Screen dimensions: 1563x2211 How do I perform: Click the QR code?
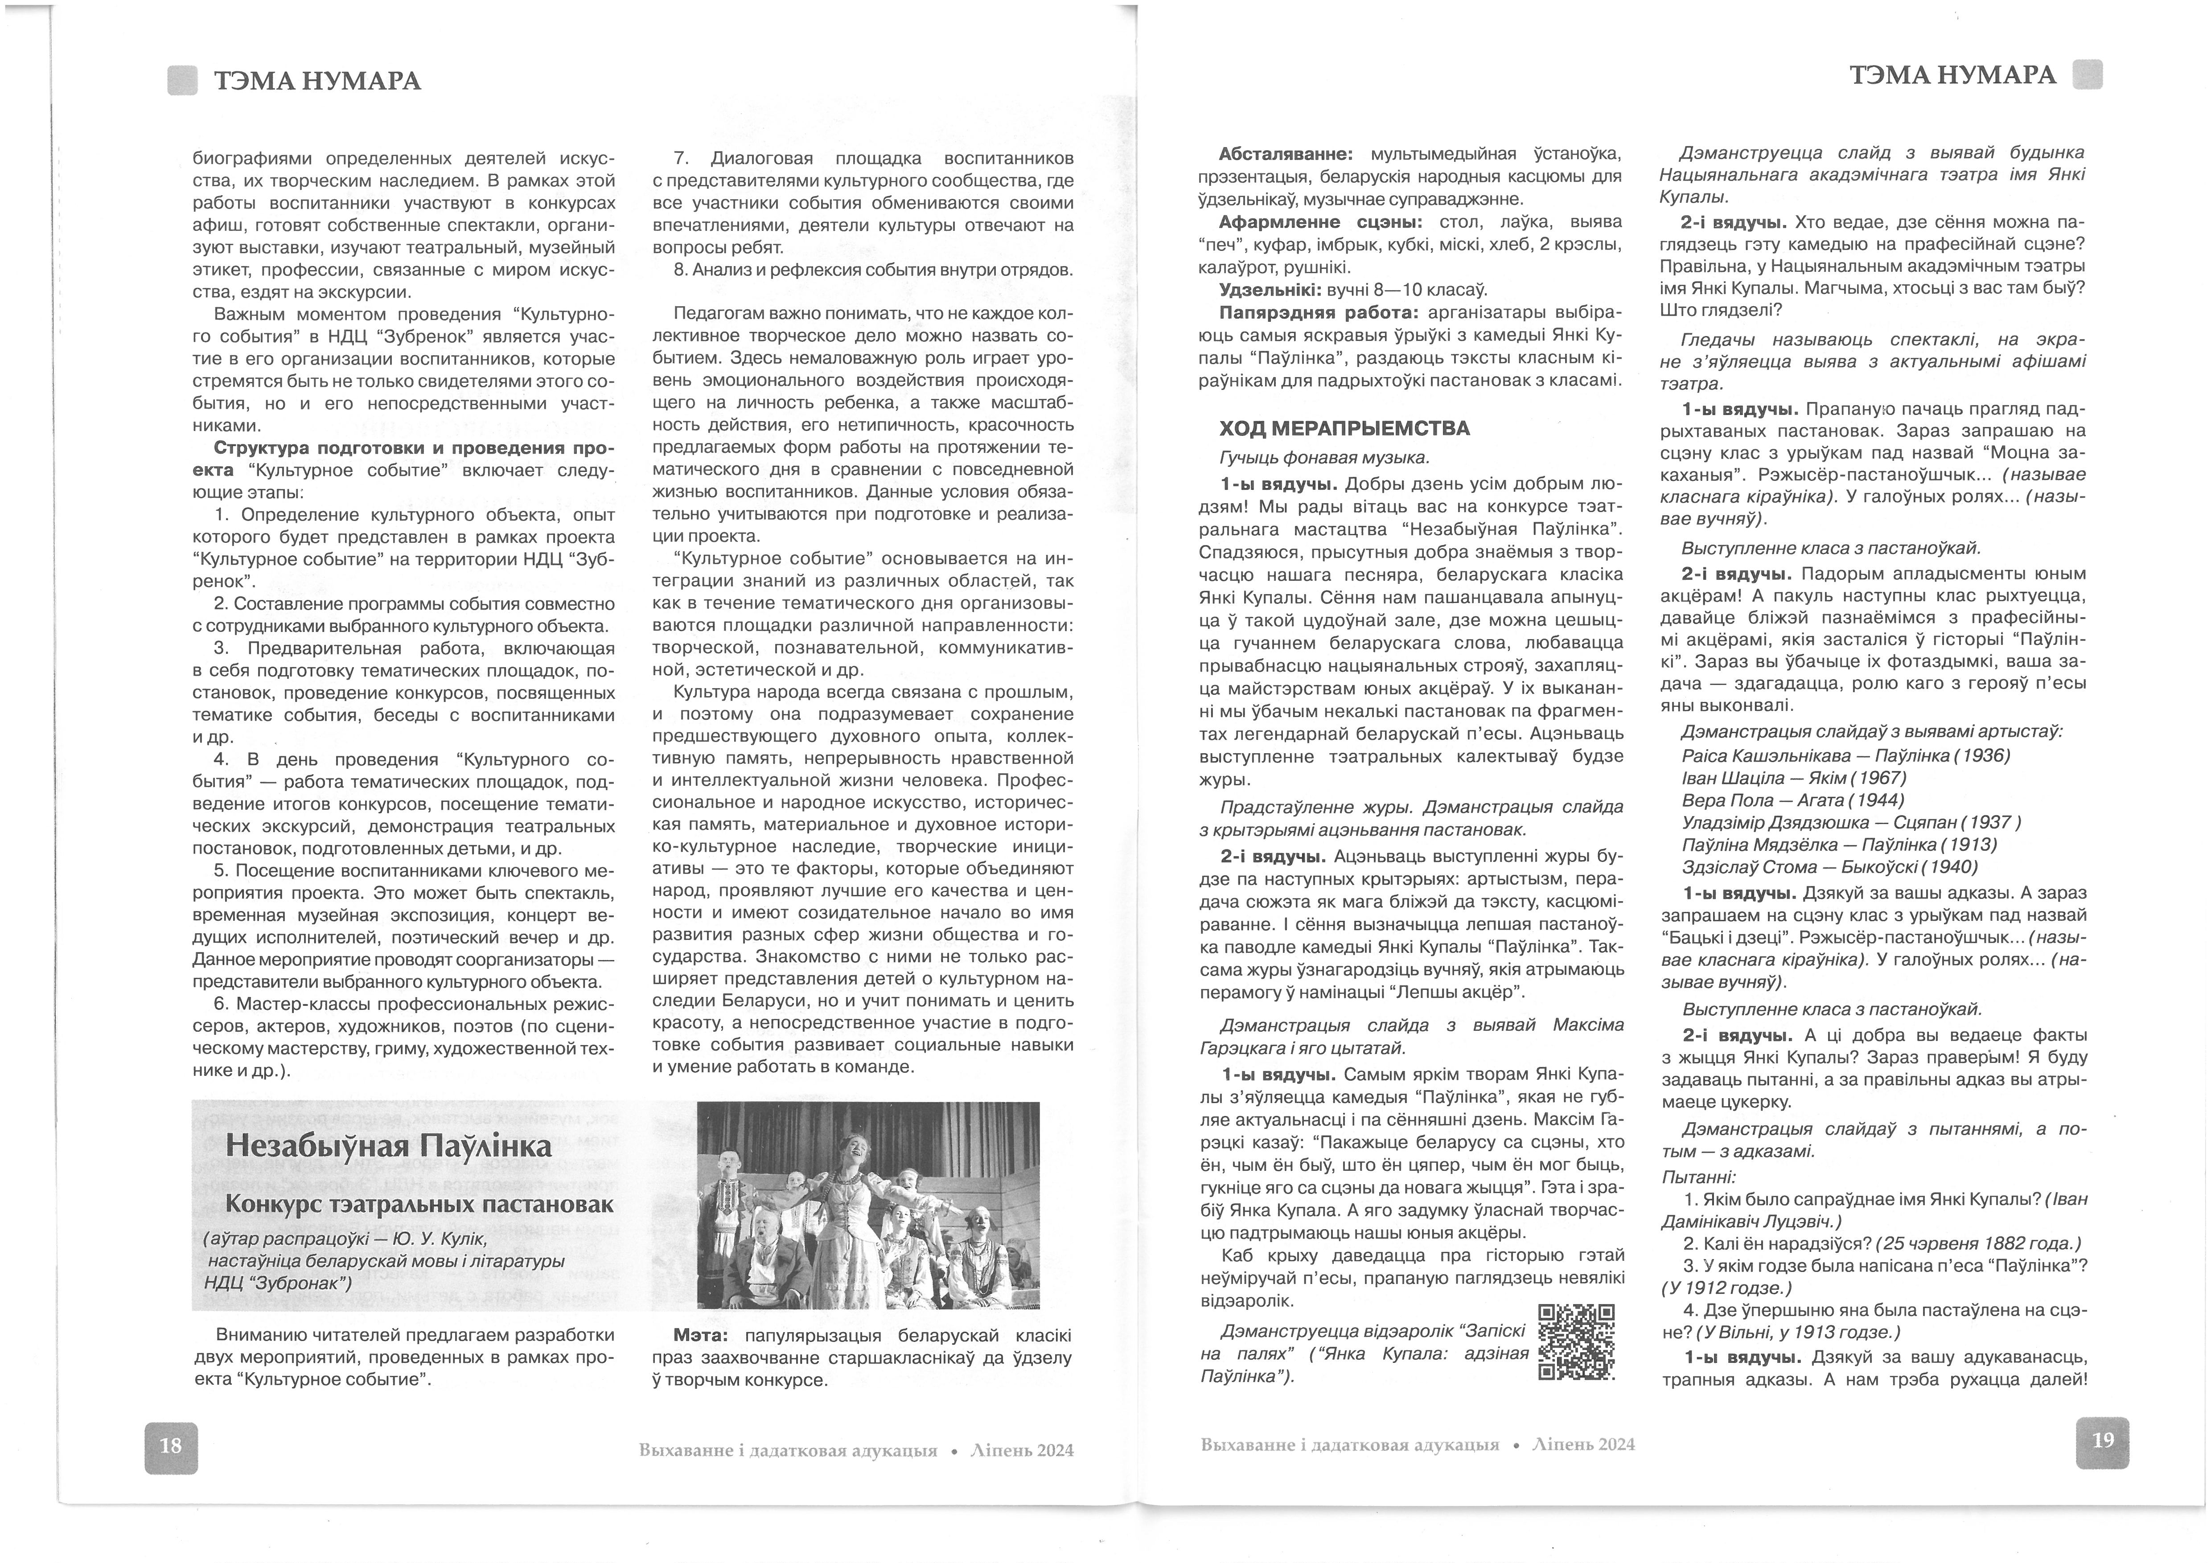pos(1576,1341)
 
